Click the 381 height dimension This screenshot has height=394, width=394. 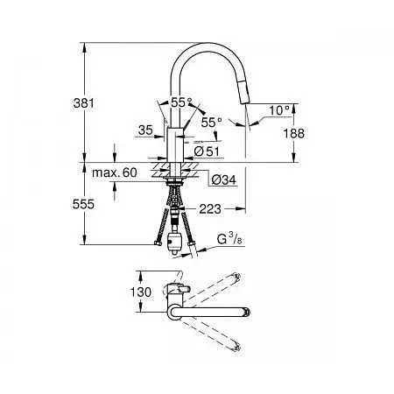(x=84, y=103)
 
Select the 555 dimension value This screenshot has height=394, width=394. (x=83, y=204)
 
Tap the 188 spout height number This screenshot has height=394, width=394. (x=294, y=133)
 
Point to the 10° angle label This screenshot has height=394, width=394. (x=279, y=110)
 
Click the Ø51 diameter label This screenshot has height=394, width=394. (x=207, y=151)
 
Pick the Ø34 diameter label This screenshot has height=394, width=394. (x=224, y=179)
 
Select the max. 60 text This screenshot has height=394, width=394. (x=115, y=172)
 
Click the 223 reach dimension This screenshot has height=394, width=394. (x=210, y=209)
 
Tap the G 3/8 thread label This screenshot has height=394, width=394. (x=229, y=239)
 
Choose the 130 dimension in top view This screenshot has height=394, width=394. (x=141, y=292)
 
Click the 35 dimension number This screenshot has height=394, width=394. (x=145, y=130)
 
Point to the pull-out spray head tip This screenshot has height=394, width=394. (x=244, y=101)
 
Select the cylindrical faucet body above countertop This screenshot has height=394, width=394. (x=175, y=144)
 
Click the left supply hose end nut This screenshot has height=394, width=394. (x=158, y=243)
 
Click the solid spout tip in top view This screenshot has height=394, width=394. (x=248, y=312)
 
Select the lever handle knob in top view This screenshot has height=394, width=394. (x=184, y=288)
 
